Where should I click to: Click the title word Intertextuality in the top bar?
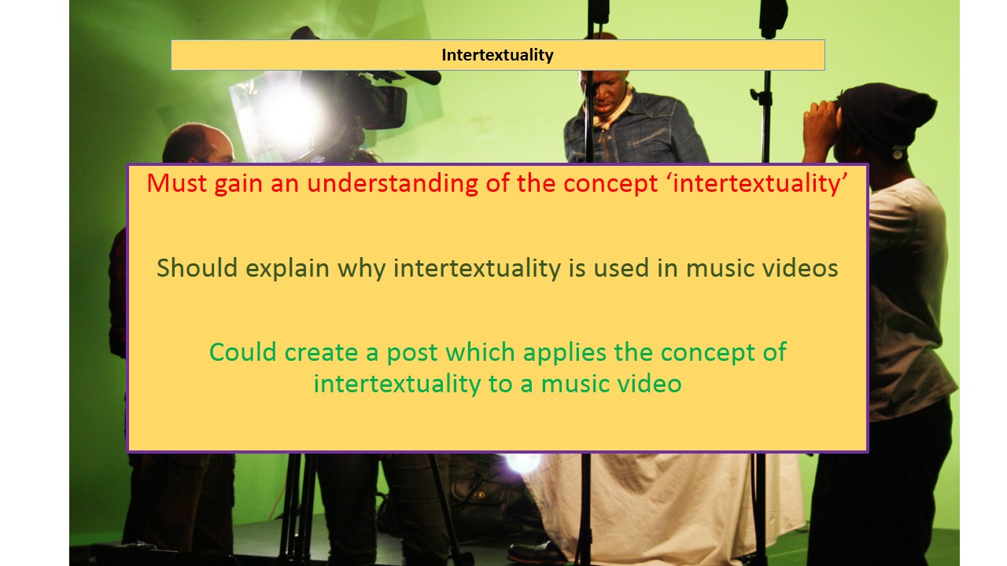point(497,55)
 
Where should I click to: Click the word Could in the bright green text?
point(244,351)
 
